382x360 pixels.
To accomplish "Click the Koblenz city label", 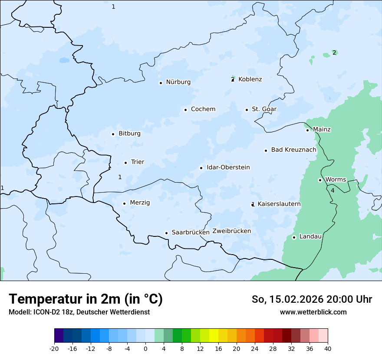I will tap(250, 79).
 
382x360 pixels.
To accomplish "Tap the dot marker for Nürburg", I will tap(161, 83).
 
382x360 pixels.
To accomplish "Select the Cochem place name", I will tap(203, 109).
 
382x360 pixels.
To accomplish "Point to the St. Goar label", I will tap(264, 109).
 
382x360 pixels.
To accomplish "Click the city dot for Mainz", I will tap(307, 130).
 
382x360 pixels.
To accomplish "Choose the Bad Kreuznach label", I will tap(293, 150).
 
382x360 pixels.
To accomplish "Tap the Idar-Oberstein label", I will tap(228, 167).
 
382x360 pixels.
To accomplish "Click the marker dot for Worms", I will tap(320, 180).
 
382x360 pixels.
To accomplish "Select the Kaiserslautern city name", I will tap(279, 204).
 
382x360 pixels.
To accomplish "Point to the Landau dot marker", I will tap(294, 237).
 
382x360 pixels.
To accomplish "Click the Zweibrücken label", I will tap(231, 231).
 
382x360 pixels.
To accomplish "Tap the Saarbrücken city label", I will tap(191, 232).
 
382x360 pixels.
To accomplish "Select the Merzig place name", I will tap(140, 203).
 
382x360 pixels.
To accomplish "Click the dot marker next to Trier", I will tap(125, 163).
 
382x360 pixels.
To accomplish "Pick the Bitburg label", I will tap(129, 134).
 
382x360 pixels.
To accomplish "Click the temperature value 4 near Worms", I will tap(333, 190).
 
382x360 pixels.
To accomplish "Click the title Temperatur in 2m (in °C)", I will tap(86, 299).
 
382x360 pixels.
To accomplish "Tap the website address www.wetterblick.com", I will tap(313, 312).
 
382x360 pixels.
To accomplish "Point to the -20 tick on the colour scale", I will tap(54, 349).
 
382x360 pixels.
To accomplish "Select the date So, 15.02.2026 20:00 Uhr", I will tap(312, 299).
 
